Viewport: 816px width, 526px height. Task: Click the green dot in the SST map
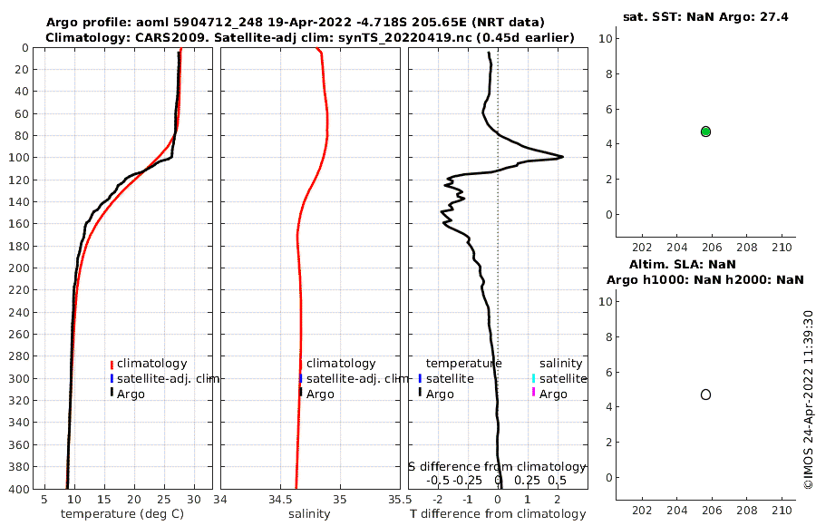coord(705,131)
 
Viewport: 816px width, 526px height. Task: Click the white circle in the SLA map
coord(705,394)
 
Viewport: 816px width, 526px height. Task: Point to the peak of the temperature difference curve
coord(562,157)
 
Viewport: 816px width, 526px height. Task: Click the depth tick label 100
coord(18,158)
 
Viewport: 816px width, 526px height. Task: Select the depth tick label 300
coord(18,378)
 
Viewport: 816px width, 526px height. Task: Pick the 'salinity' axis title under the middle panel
coord(308,514)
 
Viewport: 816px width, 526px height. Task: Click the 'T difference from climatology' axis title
coord(498,514)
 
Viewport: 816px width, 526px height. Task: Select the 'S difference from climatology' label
coord(498,465)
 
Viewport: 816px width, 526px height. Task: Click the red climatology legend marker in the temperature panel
coord(112,364)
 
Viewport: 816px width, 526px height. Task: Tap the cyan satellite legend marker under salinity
coord(534,378)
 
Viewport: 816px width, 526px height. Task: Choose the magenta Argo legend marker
coord(534,393)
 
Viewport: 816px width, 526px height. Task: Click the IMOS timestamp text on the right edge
coord(808,399)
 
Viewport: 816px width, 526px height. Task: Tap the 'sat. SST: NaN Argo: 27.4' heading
coord(704,17)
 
